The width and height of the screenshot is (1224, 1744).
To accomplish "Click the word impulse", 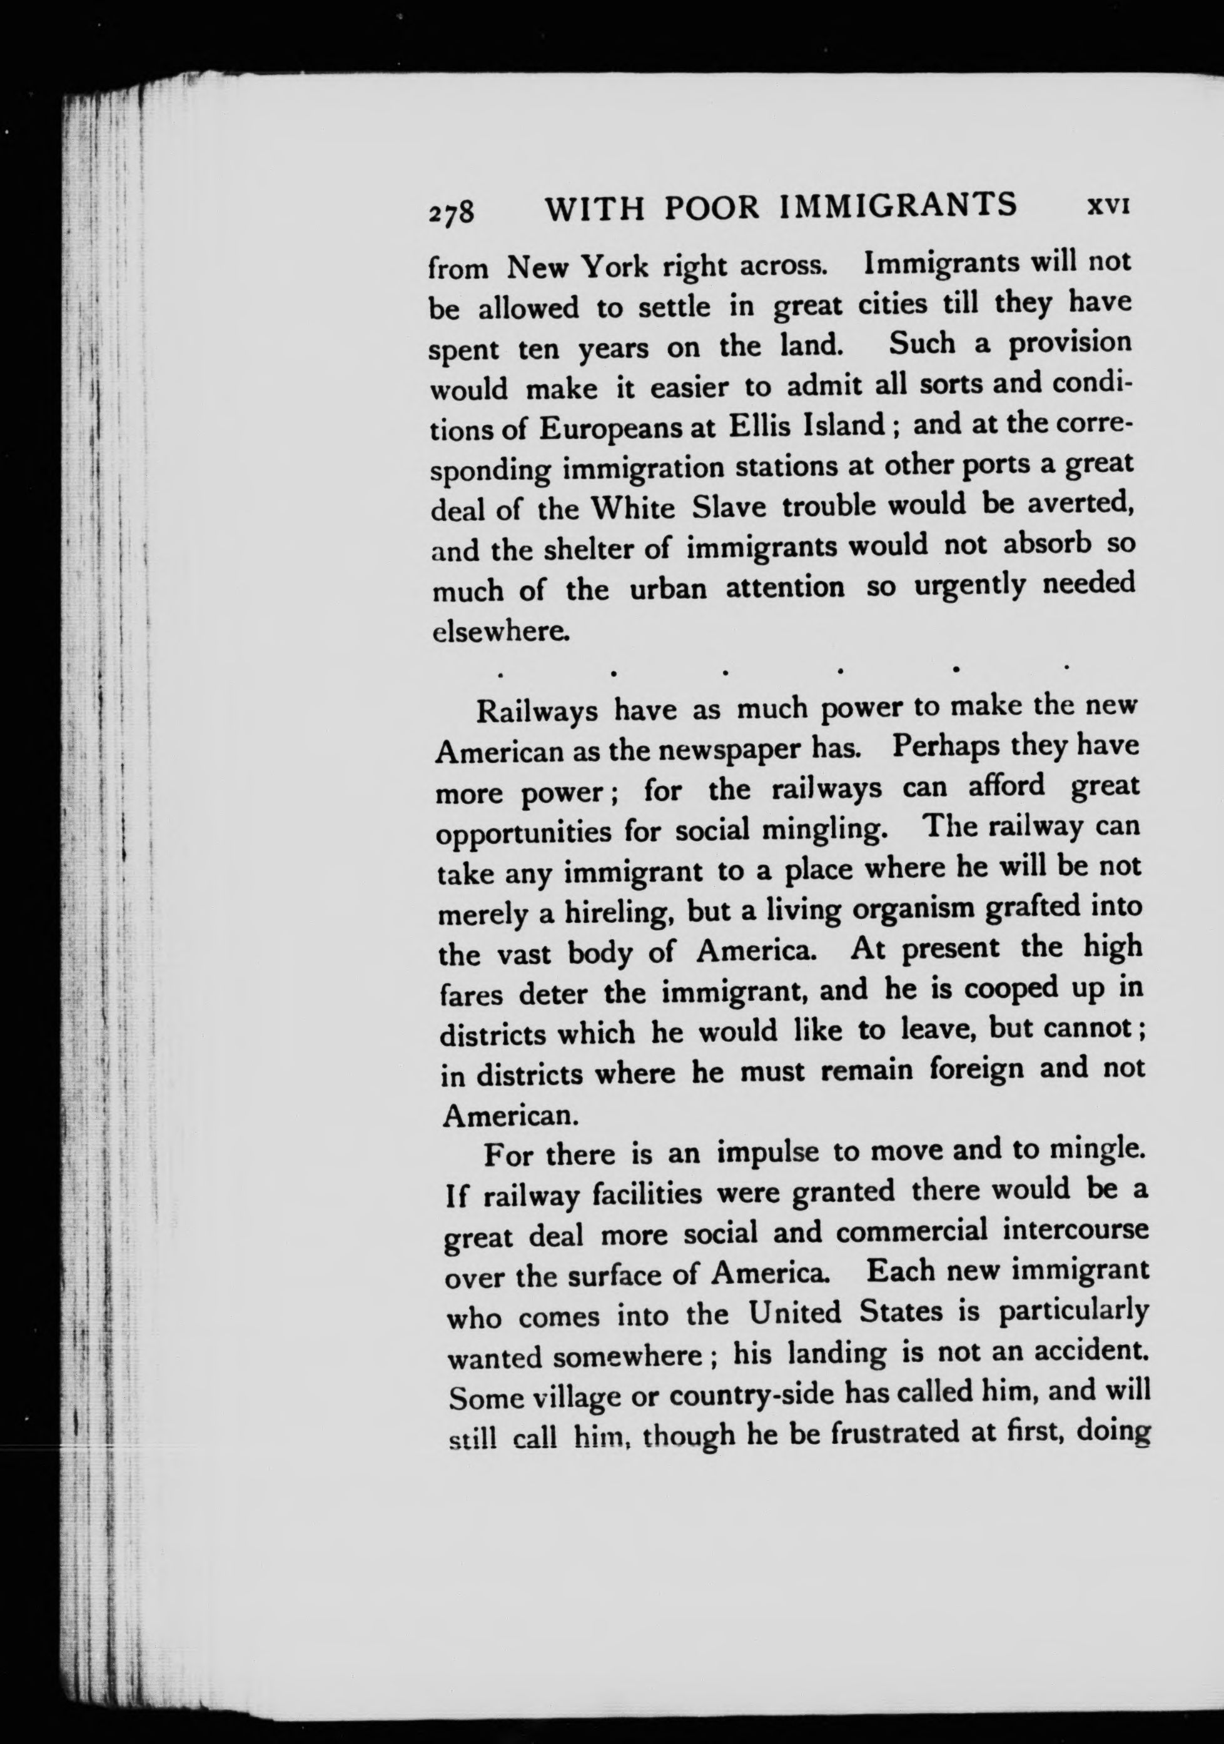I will pos(769,1153).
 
